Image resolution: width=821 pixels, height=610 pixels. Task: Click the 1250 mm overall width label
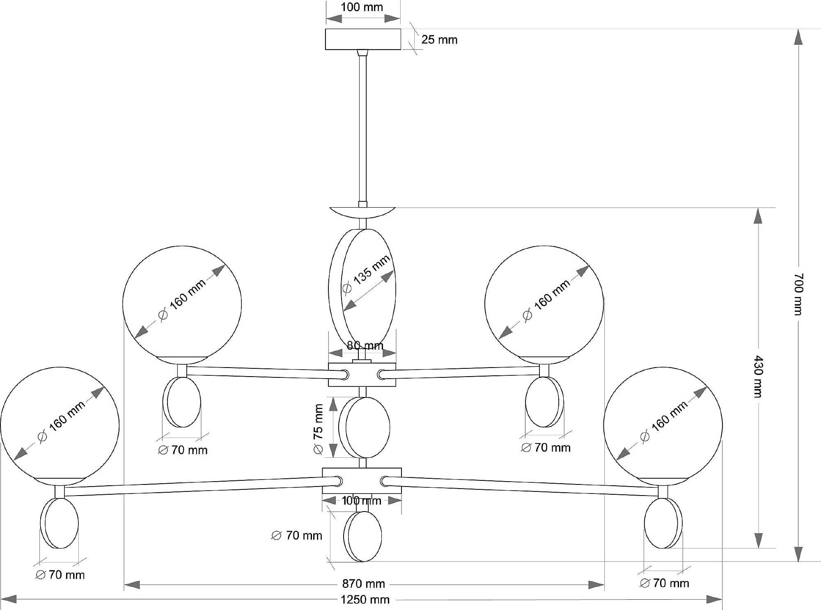click(365, 600)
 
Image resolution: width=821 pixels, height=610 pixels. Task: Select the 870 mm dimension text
click(363, 584)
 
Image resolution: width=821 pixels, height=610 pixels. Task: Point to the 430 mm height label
click(758, 376)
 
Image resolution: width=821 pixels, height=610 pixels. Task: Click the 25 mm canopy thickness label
click(439, 40)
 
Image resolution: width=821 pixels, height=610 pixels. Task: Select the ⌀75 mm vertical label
click(319, 429)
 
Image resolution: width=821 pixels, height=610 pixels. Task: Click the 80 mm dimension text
click(365, 345)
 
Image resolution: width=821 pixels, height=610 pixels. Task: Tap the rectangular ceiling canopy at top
click(363, 39)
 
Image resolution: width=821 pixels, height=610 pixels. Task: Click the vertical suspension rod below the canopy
click(363, 127)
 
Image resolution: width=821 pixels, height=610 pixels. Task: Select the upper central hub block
click(362, 375)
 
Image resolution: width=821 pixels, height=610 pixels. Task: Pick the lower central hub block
click(362, 480)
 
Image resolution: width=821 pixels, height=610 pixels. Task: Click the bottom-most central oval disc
click(363, 536)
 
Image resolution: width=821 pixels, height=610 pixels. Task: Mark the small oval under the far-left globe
click(60, 523)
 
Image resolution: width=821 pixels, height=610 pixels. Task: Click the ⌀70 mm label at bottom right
click(665, 583)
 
